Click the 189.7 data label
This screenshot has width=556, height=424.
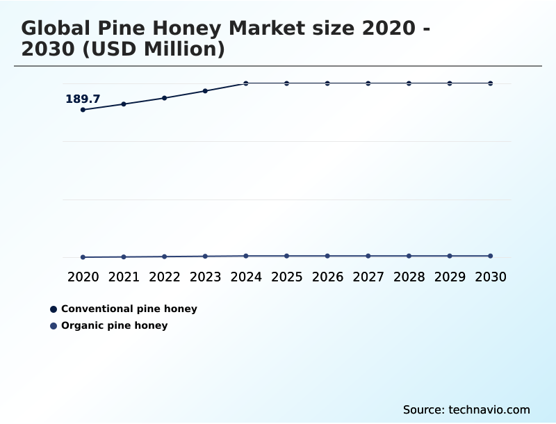coord(83,99)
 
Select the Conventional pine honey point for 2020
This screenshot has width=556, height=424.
coord(83,110)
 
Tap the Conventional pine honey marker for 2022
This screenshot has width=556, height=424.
coord(165,98)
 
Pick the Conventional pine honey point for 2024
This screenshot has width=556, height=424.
coord(246,83)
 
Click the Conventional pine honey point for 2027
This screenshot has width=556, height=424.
coord(368,83)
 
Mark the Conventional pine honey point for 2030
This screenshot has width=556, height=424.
coord(491,83)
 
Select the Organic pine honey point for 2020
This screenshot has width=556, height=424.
coord(83,257)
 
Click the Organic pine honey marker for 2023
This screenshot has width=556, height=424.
coord(205,256)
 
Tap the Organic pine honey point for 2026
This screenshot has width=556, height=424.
coord(327,256)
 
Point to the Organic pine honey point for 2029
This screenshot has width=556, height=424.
coord(450,256)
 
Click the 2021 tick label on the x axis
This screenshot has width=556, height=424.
coord(124,277)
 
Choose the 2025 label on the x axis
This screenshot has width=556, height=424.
coord(286,277)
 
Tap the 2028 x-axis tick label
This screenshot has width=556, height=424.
coord(409,277)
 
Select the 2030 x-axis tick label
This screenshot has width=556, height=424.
coord(491,277)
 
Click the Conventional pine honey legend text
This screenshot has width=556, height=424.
coord(129,309)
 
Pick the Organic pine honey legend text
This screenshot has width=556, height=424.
coord(114,325)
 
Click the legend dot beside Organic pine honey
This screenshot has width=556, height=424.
coord(54,325)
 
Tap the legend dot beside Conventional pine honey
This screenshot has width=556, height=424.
coord(54,309)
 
